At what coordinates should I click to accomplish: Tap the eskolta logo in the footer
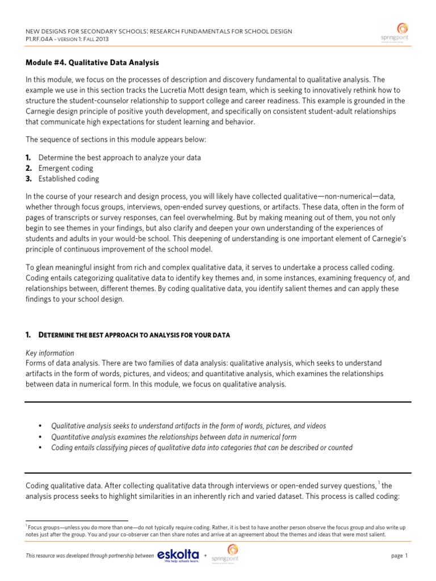coord(178,555)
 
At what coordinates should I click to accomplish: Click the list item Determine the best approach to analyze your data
coord(119,158)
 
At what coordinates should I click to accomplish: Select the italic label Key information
coord(50,353)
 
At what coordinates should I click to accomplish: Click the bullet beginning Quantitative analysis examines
coord(173,437)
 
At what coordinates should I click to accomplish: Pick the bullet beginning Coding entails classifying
coord(202,448)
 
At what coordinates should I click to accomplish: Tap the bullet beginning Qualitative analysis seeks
coord(188,426)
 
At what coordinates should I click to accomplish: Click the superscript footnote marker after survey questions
coord(379,482)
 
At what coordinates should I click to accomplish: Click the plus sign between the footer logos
coord(205,556)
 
